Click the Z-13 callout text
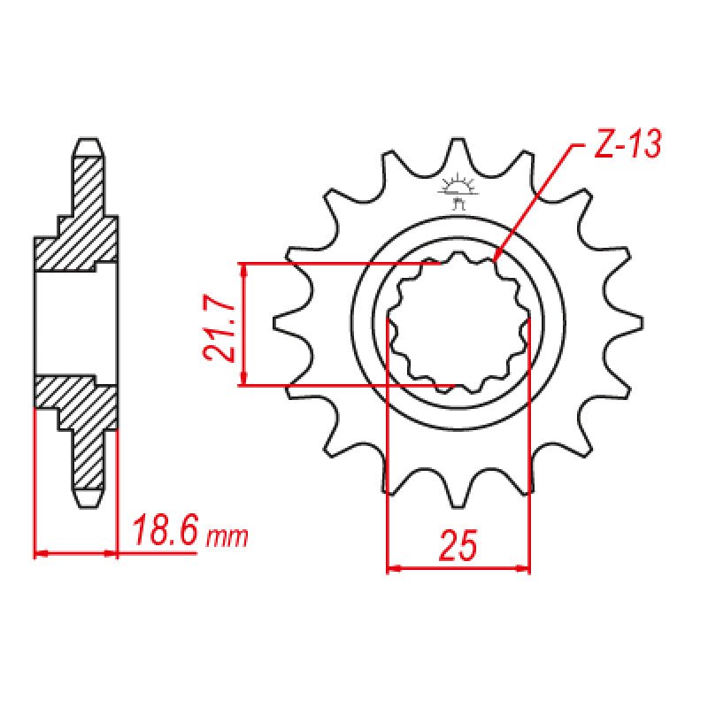pos(626,146)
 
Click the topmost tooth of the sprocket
pos(458,150)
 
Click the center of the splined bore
pos(458,324)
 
